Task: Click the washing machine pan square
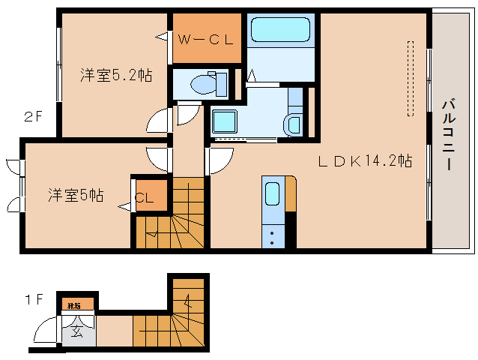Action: coord(224,121)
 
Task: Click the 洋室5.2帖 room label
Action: coord(116,75)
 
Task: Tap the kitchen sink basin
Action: coord(273,193)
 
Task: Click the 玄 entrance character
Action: coord(77,332)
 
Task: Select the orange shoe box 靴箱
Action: coord(77,304)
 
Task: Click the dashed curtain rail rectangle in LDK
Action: coord(410,79)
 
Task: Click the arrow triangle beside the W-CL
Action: coord(161,36)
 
